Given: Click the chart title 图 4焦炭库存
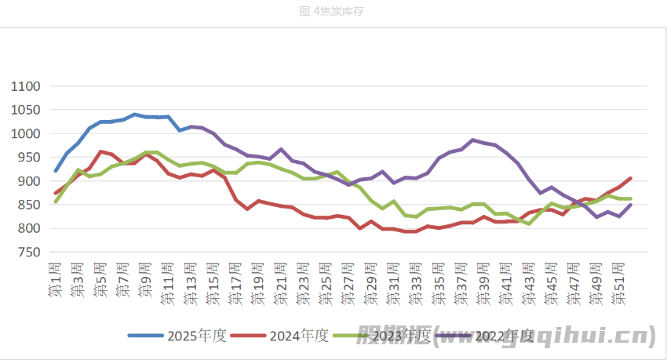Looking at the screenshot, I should point(332,11).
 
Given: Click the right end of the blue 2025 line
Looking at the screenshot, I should point(191,126).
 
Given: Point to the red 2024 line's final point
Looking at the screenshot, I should point(631,178).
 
